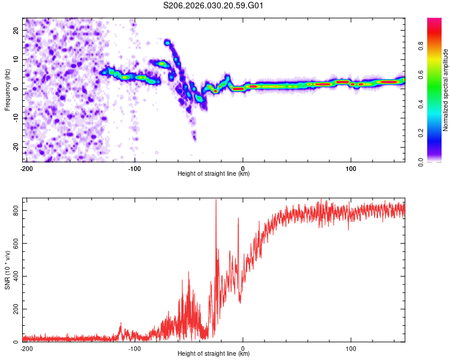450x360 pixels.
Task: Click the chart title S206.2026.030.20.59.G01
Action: tap(214, 6)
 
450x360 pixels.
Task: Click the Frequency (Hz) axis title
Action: tap(7, 89)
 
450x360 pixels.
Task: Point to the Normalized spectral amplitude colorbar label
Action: tap(445, 90)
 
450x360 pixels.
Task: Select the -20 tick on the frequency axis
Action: tap(16, 148)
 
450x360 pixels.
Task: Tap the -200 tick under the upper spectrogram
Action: tap(26, 168)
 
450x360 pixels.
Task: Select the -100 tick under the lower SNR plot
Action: tap(134, 348)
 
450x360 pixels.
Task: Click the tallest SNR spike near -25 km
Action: tap(216, 202)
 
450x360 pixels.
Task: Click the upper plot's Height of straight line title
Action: tap(214, 174)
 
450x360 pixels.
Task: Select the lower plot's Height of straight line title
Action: tap(214, 354)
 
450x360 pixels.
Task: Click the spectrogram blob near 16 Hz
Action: tap(167, 42)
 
